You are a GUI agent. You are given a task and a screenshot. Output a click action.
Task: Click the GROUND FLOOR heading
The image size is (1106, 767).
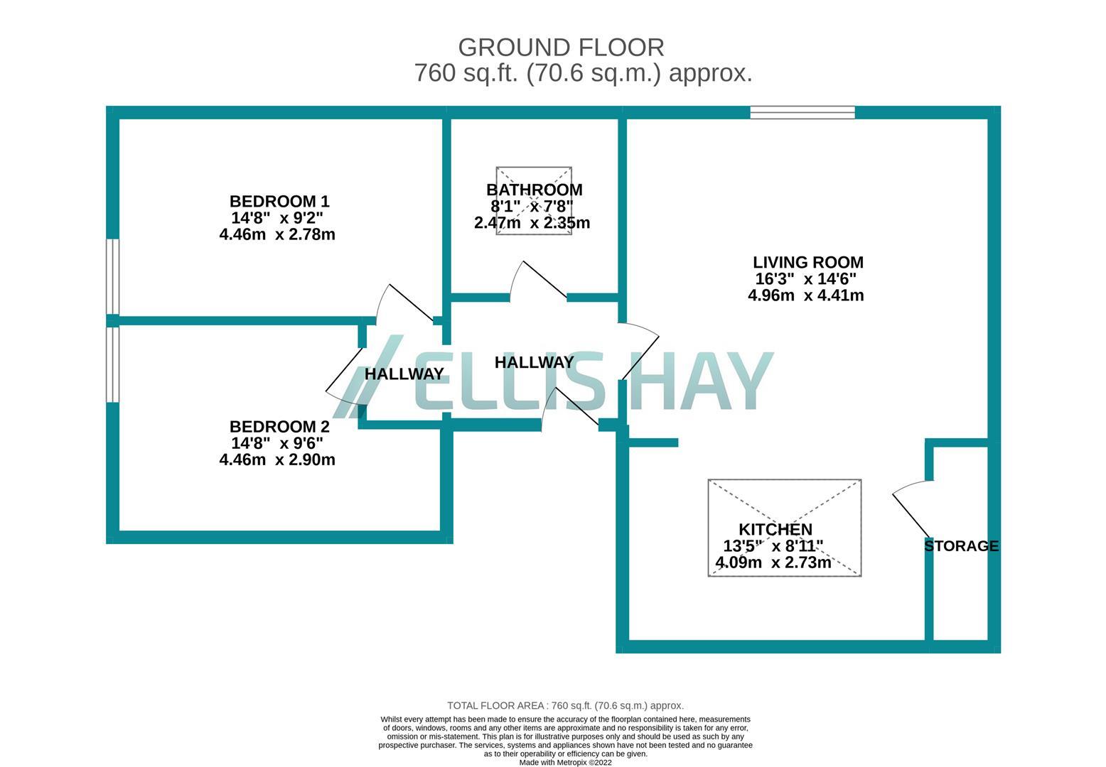coord(561,48)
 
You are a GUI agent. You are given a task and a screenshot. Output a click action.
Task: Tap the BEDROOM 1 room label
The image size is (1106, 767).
coord(279,201)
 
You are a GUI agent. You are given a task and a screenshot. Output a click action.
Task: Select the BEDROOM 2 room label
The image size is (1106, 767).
coord(279,427)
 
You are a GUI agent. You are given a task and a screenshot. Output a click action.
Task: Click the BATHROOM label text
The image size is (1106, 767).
coord(534,190)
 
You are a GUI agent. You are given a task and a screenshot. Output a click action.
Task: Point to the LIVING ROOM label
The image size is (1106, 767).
coord(807,262)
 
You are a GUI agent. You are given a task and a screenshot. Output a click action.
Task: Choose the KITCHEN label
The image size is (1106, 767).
coord(775,529)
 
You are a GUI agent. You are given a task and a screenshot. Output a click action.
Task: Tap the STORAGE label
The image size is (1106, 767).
coord(961,546)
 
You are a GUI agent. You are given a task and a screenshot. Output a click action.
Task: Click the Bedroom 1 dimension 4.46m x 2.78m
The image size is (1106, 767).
coord(277,234)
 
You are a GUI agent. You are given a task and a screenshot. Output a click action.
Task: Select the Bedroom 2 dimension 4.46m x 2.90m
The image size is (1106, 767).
coord(277,459)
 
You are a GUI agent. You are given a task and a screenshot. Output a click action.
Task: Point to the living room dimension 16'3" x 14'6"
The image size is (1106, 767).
coord(805,279)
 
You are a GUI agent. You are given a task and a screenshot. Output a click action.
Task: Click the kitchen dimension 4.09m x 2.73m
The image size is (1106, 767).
coord(773,562)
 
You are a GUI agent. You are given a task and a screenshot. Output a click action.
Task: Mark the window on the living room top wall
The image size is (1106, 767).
coord(802,112)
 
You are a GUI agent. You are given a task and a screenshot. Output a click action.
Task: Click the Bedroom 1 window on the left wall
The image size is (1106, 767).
coord(112,276)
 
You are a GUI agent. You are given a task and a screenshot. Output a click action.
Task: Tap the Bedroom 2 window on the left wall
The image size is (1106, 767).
coord(112,364)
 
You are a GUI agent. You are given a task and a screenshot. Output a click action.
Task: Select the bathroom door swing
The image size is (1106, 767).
coord(538,281)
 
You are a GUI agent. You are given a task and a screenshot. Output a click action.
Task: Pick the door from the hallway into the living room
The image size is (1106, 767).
coord(639,352)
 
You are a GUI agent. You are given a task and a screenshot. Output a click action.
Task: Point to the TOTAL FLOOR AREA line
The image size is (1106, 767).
coord(565,705)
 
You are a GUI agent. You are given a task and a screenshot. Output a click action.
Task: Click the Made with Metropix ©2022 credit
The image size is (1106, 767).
coord(565,763)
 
